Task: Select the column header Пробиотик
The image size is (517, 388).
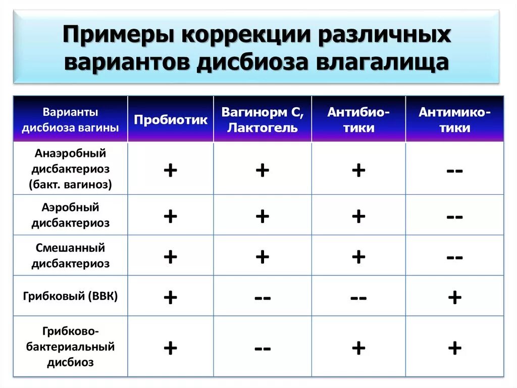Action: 171,120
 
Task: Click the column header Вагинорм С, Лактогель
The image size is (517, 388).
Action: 262,120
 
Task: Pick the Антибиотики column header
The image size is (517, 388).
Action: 358,120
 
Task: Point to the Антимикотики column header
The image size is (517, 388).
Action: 454,120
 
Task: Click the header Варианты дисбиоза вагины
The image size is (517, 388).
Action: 70,120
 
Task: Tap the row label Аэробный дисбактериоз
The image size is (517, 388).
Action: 70,215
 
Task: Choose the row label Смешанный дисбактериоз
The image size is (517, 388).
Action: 70,255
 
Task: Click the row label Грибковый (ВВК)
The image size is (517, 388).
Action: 70,296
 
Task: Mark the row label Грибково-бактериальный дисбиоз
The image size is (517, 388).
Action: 70,347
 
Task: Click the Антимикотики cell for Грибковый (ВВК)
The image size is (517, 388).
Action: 454,297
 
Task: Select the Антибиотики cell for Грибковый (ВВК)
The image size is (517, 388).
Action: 358,297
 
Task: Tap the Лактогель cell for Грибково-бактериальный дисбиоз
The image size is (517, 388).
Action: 262,348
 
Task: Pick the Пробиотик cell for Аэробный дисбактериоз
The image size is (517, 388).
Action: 171,217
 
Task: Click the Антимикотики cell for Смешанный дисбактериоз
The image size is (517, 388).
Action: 454,257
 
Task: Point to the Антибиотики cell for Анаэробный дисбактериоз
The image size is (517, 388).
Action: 358,170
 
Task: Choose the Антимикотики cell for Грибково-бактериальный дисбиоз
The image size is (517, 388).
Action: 454,348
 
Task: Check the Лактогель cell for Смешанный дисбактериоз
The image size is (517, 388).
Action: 262,257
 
